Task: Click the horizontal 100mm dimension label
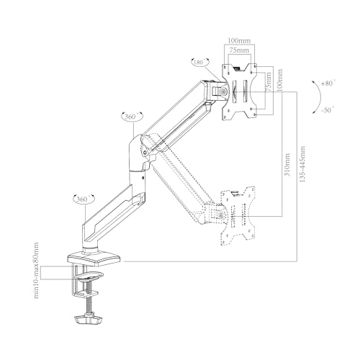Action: [x=239, y=40]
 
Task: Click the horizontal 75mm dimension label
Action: [x=239, y=50]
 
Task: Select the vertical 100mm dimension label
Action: [x=279, y=80]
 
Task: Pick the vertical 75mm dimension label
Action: [x=269, y=81]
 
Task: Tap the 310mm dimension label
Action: [x=287, y=164]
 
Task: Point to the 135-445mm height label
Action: [x=302, y=163]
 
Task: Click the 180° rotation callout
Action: [x=199, y=62]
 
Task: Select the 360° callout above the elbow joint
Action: [x=132, y=117]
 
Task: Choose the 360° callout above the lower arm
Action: [x=84, y=199]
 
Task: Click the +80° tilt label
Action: [x=328, y=84]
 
